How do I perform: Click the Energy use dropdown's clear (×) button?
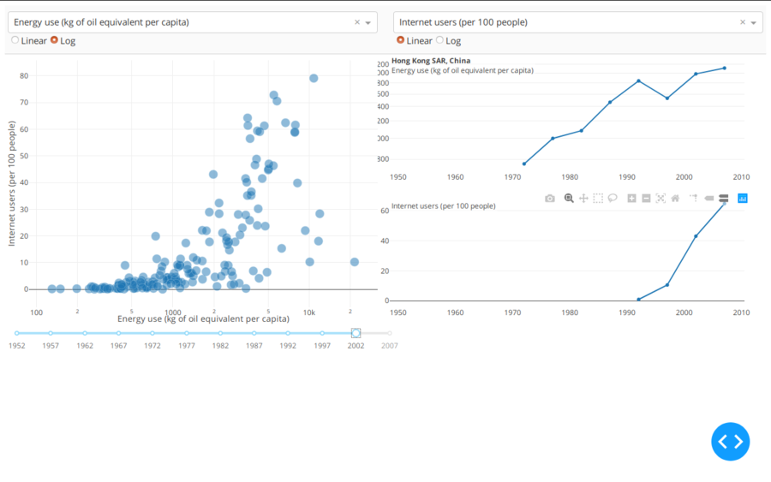[x=357, y=22]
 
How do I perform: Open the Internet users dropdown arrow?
[x=754, y=22]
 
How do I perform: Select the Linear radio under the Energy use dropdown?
[x=15, y=40]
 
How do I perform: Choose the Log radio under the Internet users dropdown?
[x=440, y=40]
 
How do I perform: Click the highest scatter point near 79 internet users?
[x=314, y=78]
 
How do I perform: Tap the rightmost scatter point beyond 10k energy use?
[x=354, y=262]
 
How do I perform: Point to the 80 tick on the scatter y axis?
[x=24, y=76]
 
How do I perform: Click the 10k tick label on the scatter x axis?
[x=309, y=312]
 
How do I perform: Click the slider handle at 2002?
[x=356, y=333]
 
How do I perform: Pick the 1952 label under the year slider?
[x=16, y=346]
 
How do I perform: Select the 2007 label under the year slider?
[x=389, y=346]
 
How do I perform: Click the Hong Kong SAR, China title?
[x=431, y=61]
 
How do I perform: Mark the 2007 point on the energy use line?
[x=724, y=68]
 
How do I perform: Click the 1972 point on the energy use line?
[x=523, y=164]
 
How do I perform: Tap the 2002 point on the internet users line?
[x=696, y=235]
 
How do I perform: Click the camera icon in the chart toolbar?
[x=550, y=198]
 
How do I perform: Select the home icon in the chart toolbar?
[x=675, y=198]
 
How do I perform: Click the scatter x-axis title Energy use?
[x=203, y=319]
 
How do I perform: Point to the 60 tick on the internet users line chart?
[x=385, y=211]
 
